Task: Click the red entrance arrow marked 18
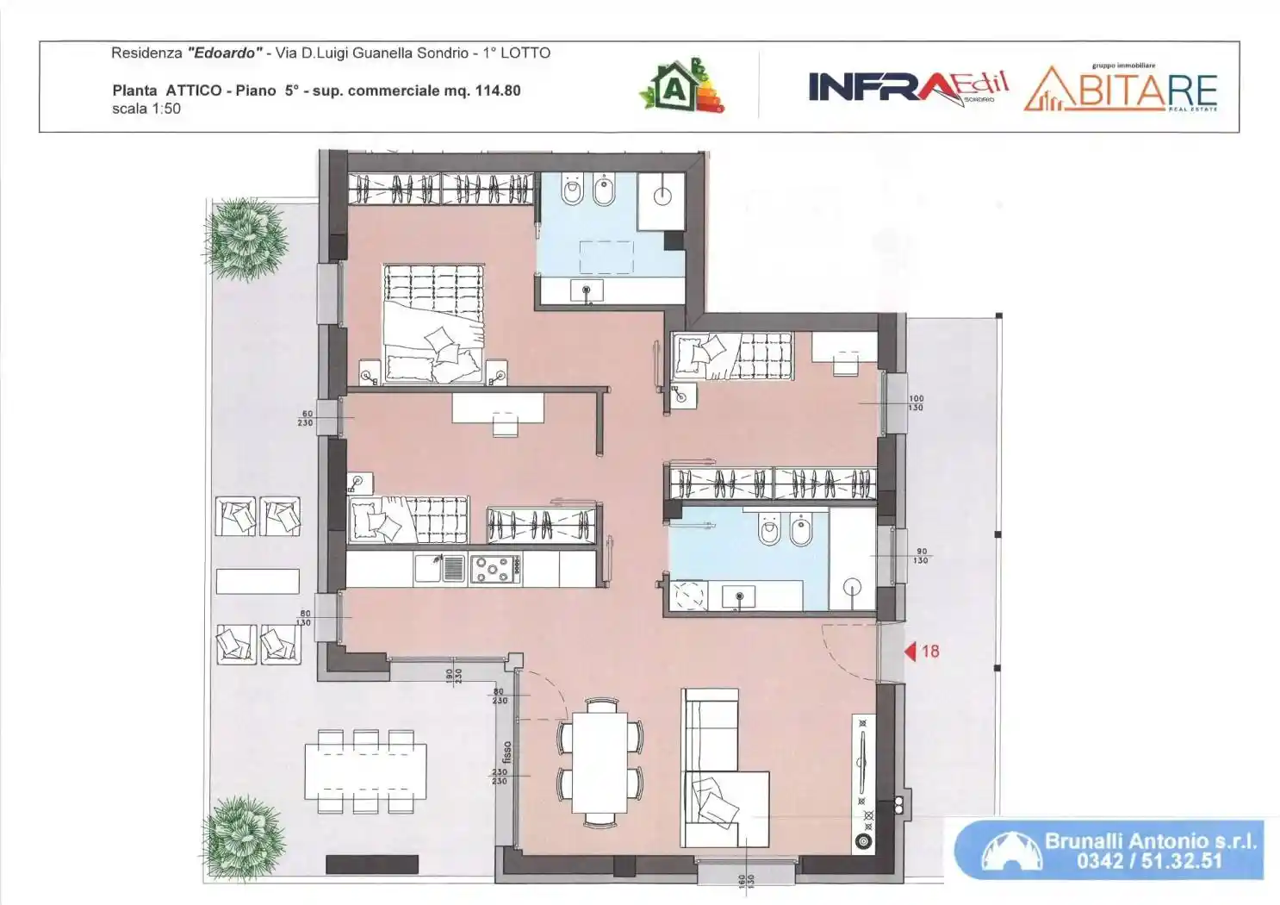click(x=910, y=652)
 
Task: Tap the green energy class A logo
click(x=680, y=87)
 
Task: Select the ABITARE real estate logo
click(x=1121, y=90)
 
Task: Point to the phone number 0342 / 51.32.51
click(x=1149, y=860)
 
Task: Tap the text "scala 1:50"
click(x=146, y=109)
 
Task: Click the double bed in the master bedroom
click(x=433, y=324)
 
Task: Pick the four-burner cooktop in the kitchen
click(x=494, y=569)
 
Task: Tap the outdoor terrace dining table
click(x=366, y=771)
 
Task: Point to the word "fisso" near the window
click(x=507, y=752)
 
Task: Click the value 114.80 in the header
click(x=497, y=90)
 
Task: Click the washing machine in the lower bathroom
click(x=688, y=596)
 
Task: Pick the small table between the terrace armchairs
click(x=257, y=581)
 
